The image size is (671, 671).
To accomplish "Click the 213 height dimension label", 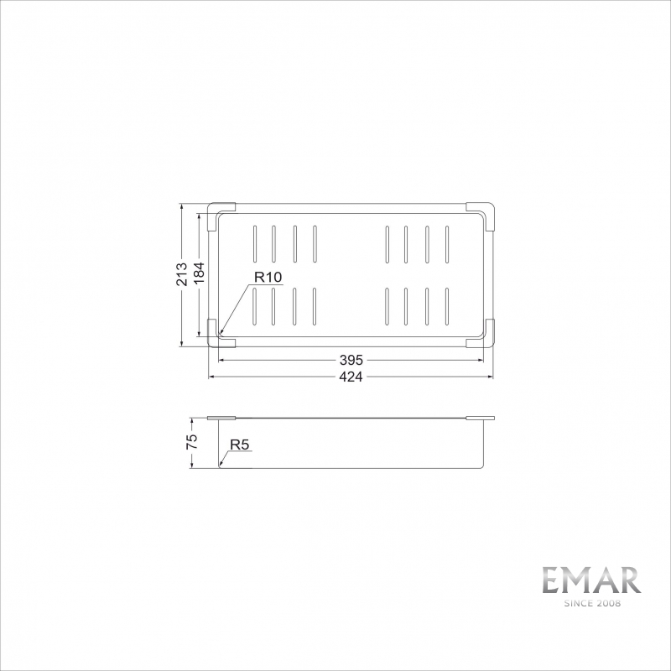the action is [181, 274].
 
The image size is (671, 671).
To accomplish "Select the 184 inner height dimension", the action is [199, 273].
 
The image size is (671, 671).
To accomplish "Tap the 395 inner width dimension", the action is [351, 360].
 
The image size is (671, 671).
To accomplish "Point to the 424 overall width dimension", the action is [351, 377].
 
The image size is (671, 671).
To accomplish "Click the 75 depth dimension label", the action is [192, 442].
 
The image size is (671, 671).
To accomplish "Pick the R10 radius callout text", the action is [268, 277].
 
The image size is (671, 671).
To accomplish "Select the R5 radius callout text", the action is [239, 445].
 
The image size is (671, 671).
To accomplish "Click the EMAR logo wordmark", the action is [592, 580].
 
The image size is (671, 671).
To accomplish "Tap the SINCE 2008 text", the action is [592, 603].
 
